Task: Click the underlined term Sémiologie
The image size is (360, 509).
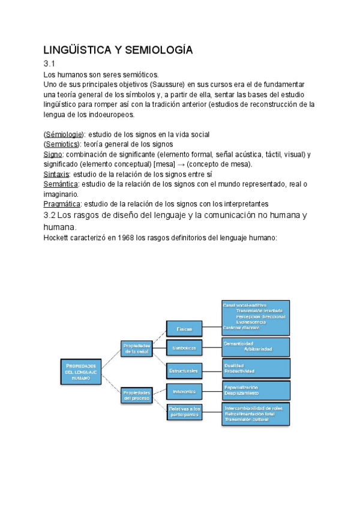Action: (65, 134)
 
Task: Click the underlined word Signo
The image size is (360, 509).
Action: (53, 154)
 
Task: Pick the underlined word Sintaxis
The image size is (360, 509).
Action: (57, 175)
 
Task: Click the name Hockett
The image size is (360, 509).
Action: (57, 238)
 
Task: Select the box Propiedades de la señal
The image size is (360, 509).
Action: (136, 349)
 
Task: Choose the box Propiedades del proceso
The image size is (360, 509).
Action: (136, 394)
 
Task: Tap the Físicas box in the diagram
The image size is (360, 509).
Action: (184, 330)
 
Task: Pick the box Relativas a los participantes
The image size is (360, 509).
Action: (184, 412)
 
